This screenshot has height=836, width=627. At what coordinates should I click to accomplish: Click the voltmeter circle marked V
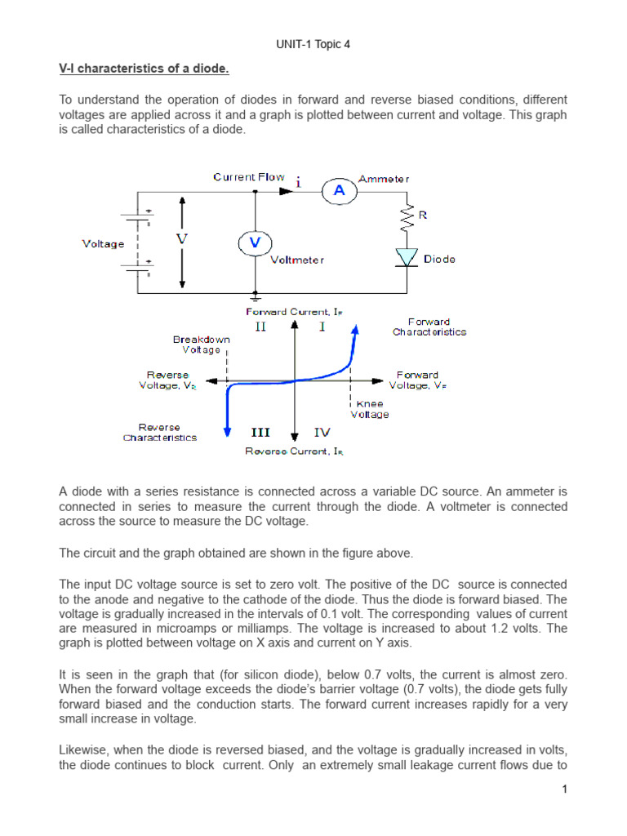point(254,242)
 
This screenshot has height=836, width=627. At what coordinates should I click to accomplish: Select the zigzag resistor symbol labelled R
point(406,218)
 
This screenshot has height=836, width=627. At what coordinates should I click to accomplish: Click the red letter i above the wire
point(299,183)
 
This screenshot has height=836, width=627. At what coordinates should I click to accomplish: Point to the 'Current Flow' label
point(249,176)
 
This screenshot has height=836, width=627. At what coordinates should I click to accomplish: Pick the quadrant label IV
point(322,433)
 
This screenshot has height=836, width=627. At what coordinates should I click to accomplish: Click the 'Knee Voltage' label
point(369,409)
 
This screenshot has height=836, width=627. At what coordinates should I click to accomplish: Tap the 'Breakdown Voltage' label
point(201,345)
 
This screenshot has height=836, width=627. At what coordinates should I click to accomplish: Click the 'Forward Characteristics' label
point(429,327)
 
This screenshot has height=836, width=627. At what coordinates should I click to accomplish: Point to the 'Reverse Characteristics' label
point(160,433)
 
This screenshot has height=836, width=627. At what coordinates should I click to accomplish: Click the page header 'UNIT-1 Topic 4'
point(313,43)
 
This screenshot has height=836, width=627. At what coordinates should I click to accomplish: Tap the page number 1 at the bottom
point(563,789)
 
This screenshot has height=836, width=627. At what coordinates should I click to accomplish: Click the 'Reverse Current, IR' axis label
point(295,451)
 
